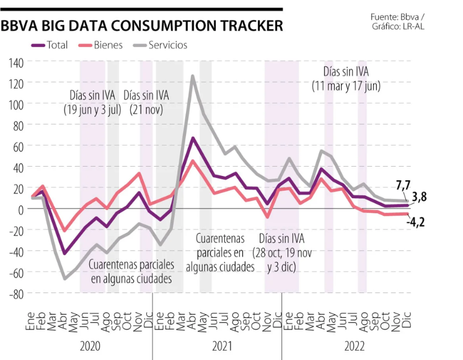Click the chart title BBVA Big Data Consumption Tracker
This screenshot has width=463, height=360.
[x=142, y=26]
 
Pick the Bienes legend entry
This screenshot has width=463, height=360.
[x=108, y=45]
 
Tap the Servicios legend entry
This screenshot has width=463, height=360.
[x=167, y=45]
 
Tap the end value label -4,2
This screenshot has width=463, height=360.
[x=415, y=221]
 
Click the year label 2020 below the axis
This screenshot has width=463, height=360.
[x=90, y=345]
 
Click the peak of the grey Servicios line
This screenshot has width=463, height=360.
[x=193, y=76]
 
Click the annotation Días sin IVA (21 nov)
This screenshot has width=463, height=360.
[x=146, y=102]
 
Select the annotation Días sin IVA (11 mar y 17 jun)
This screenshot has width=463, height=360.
[x=346, y=79]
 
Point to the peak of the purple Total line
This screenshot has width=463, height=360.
[x=193, y=138]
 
